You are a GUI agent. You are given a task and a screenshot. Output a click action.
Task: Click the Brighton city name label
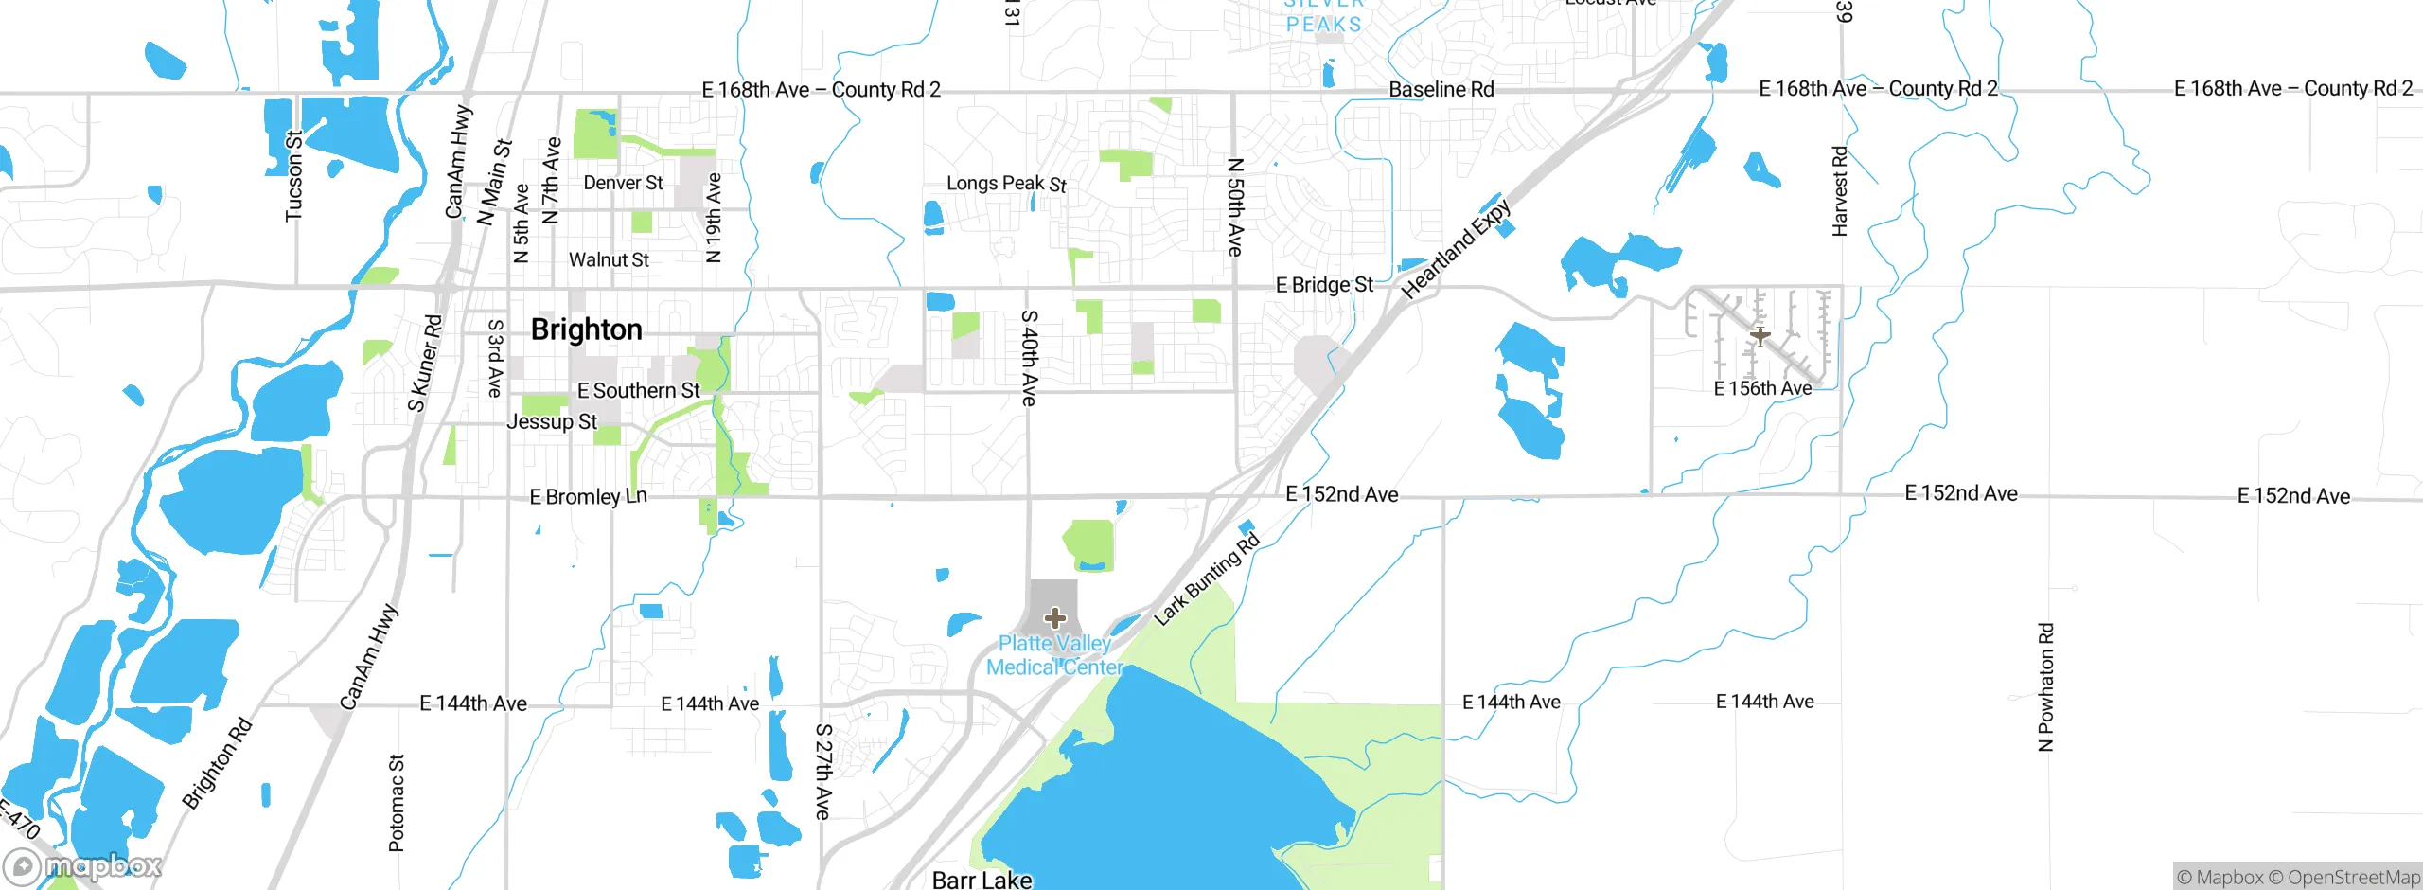pos(586,329)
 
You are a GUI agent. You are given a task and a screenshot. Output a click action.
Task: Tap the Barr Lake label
pos(982,880)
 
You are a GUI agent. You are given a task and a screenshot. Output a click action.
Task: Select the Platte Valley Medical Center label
pos(1054,655)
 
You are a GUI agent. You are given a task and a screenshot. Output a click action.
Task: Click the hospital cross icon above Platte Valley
pos(1055,619)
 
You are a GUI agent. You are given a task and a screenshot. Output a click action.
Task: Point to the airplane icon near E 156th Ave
pos(1760,336)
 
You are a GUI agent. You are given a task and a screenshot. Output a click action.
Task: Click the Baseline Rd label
pos(1441,89)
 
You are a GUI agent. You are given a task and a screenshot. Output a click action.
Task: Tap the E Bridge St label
pos(1324,285)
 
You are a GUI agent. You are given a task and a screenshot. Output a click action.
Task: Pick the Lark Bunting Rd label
pos(1207,579)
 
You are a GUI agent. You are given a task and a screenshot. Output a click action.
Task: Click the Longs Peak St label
pos(1006,183)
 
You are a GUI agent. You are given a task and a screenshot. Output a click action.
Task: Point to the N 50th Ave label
pos(1235,206)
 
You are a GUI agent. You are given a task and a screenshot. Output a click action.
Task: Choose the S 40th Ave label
pos(1030,358)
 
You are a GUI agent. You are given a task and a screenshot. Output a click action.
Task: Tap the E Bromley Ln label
pos(588,496)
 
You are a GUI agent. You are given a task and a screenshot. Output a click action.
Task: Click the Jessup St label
pos(552,421)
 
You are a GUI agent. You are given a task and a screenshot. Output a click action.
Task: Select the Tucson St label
pos(294,176)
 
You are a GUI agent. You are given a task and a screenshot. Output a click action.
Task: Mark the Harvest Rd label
pos(1839,191)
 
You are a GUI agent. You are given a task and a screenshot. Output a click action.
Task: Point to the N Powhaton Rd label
pos(2045,686)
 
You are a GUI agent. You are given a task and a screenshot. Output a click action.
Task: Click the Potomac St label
pos(397,803)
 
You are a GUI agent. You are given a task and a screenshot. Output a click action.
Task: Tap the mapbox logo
pos(83,866)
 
